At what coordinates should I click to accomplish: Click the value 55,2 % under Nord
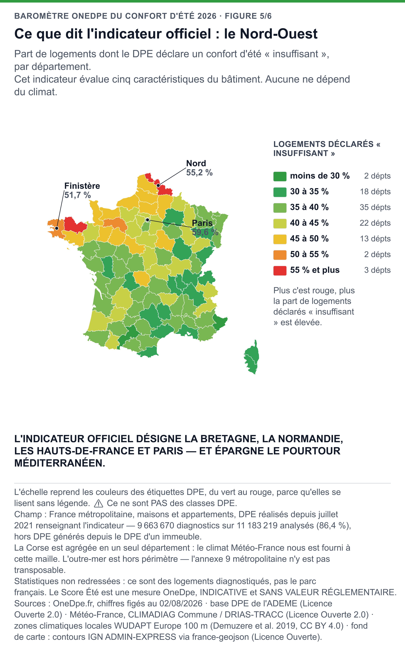pyautogui.click(x=199, y=173)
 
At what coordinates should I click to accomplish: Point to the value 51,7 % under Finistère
pyautogui.click(x=77, y=195)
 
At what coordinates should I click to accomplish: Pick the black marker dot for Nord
pyautogui.click(x=158, y=185)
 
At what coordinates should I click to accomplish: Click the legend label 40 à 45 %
pyautogui.click(x=309, y=223)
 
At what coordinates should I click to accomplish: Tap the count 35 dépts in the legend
pyautogui.click(x=375, y=207)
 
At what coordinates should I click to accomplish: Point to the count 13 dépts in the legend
pyautogui.click(x=375, y=239)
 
